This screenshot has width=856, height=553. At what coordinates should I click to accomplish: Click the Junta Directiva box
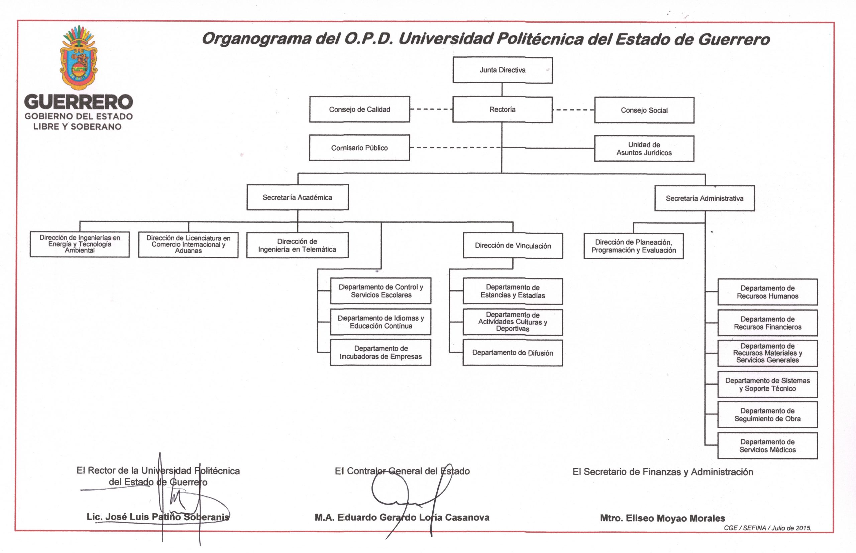(503, 70)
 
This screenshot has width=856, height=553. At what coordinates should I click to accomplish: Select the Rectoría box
(503, 110)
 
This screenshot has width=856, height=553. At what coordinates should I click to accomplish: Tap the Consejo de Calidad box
(359, 109)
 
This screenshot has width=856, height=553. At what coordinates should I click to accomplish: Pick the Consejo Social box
(644, 110)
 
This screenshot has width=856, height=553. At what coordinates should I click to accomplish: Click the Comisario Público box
(359, 148)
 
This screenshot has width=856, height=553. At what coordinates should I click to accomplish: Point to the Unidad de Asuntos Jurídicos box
(644, 149)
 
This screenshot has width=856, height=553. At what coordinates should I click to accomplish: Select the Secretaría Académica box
(298, 197)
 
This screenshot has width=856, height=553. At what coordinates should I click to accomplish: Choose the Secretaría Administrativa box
(705, 198)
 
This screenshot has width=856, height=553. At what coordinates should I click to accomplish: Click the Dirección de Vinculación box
(513, 246)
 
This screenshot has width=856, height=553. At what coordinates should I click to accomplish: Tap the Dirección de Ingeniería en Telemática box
(297, 245)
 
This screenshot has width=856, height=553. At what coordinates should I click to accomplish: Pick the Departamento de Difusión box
(513, 353)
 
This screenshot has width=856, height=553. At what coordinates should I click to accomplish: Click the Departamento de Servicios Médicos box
(768, 445)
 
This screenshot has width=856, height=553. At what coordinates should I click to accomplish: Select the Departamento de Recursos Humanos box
(768, 292)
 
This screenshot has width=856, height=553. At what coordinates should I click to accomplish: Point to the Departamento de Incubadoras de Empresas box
(381, 353)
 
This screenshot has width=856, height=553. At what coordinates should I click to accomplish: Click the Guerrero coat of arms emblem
(79, 57)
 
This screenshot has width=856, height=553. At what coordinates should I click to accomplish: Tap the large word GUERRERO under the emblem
(78, 102)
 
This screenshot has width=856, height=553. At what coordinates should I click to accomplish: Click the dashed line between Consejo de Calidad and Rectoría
(431, 109)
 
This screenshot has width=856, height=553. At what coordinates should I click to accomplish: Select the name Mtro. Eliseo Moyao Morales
(663, 518)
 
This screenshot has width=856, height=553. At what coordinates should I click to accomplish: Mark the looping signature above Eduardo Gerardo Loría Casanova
(410, 499)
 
